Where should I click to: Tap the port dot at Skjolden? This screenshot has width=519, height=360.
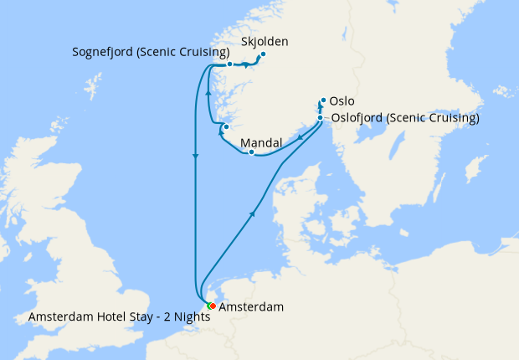pos(262,55)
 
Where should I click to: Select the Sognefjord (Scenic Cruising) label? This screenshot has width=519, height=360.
pos(152,52)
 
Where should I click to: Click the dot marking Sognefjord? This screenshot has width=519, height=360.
pos(229,64)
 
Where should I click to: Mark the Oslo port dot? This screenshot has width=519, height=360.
pos(322,100)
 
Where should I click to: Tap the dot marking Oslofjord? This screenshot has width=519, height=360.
pos(321,118)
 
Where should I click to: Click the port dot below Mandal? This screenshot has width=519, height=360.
pos(251,152)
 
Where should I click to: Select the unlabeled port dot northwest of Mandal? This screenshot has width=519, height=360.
pos(226,126)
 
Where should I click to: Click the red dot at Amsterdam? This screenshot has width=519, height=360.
pos(213,306)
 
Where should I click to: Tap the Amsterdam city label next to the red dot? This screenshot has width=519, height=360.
pos(251,307)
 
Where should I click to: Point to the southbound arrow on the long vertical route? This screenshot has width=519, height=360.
pos(195,157)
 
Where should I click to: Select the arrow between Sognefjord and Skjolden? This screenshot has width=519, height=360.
pos(247,64)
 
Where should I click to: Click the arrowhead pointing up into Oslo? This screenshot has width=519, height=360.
pos(321,107)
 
